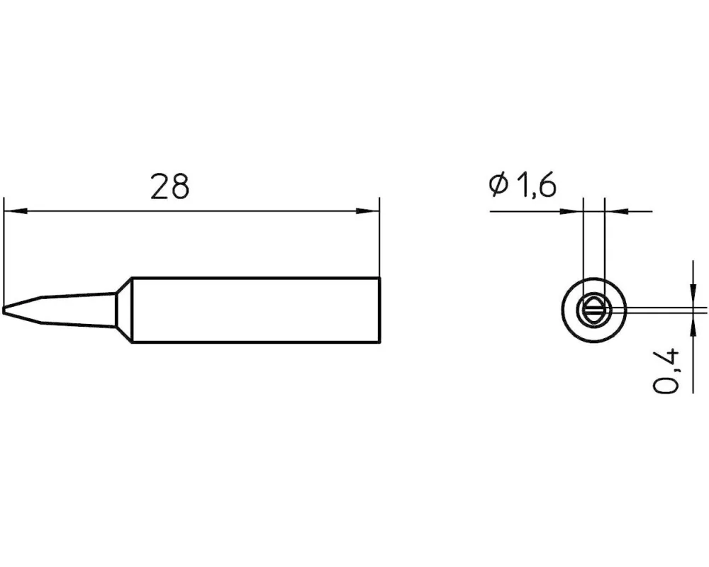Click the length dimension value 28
[169, 186]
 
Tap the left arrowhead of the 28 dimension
[16, 211]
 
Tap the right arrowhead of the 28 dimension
[367, 211]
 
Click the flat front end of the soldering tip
[4, 310]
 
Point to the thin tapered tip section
[59, 310]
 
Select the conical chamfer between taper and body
[123, 310]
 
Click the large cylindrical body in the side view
[255, 310]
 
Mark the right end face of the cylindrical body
[379, 310]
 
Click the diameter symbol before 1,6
[499, 185]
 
